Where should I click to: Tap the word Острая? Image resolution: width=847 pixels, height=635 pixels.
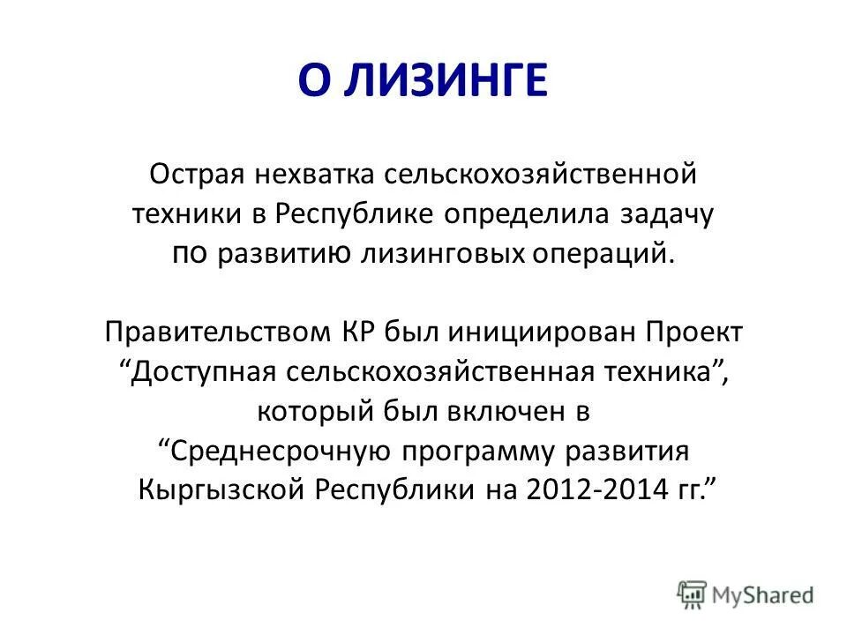click(x=199, y=174)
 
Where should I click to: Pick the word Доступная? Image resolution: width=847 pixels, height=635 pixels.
click(x=206, y=374)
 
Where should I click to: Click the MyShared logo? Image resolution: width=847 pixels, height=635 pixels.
click(x=746, y=594)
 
